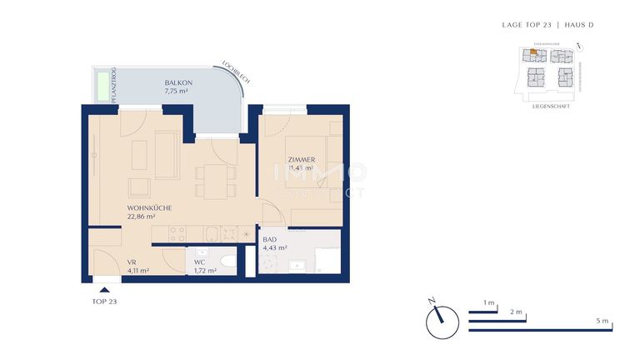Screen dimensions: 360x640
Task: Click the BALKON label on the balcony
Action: coord(179,82)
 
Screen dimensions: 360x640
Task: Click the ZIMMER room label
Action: coord(301,159)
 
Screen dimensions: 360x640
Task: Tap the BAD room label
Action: coord(269,239)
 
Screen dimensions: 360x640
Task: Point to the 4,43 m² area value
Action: coord(275,247)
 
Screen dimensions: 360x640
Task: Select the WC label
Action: coord(199,262)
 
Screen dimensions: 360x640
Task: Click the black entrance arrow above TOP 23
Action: coord(104,288)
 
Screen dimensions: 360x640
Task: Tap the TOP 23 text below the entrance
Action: coord(104,301)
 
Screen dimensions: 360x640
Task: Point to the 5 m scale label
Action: coord(603,322)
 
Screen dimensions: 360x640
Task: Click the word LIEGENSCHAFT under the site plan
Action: coord(551,107)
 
